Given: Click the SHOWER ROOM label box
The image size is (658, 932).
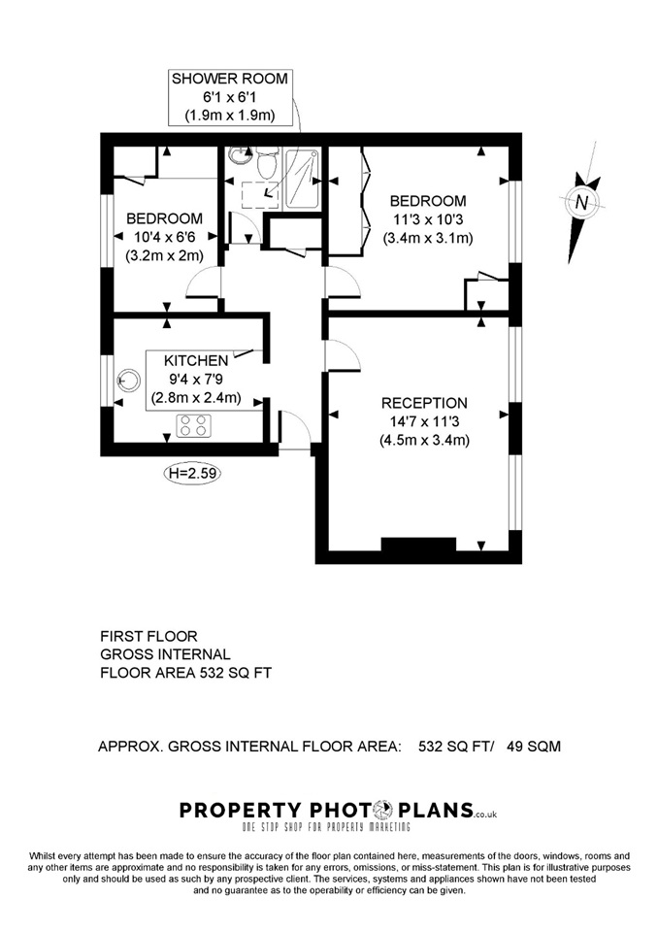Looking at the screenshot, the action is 231,97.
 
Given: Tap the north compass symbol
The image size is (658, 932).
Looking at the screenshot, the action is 581,202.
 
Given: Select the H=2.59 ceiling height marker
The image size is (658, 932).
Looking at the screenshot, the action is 191,473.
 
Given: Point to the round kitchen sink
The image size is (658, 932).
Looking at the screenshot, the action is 128,380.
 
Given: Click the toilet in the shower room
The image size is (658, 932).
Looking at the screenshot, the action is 266,162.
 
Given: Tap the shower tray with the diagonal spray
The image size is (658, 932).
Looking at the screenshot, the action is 303,179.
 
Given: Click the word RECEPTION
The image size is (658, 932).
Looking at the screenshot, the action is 424,403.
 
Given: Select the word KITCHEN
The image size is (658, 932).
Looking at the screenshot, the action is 196,361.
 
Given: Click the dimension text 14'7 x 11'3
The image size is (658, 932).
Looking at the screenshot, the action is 424,422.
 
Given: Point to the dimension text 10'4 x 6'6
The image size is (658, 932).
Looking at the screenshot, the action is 164,237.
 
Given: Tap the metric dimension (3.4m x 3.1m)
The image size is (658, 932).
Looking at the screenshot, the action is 427,239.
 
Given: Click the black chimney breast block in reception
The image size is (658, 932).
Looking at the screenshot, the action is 418,545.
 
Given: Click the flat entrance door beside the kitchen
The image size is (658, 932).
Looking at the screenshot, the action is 294,430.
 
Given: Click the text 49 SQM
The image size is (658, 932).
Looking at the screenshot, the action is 533,746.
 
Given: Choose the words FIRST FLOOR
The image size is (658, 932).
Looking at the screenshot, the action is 148,637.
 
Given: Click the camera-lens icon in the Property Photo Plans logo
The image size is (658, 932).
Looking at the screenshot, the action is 383,810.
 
